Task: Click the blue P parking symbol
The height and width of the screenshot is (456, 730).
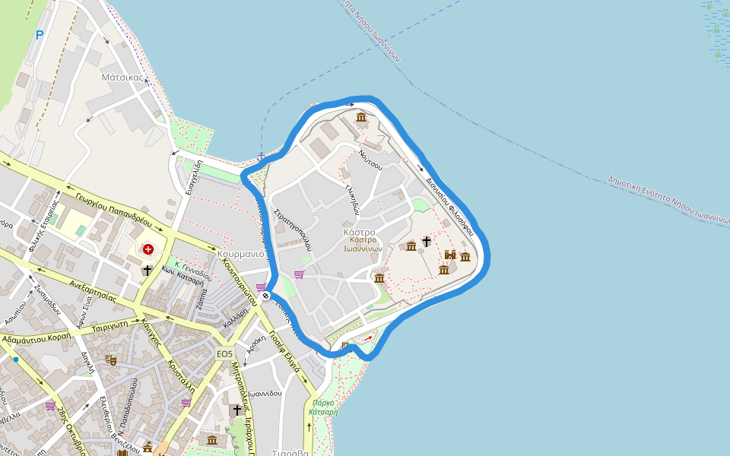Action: (40, 34)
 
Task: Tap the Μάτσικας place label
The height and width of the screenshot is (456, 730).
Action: (122, 77)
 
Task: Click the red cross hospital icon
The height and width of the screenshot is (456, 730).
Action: (148, 249)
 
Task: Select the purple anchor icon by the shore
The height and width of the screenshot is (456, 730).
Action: (261, 157)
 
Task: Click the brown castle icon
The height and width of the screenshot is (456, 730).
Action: (450, 255)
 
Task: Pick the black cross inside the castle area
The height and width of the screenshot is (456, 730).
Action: (427, 241)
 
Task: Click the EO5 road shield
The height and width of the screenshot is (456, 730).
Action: (224, 354)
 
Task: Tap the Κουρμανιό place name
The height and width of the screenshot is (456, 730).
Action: (240, 254)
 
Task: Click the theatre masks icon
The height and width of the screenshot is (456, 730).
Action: (111, 359)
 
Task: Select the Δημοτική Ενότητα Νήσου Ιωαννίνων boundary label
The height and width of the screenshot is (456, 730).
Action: (669, 199)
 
